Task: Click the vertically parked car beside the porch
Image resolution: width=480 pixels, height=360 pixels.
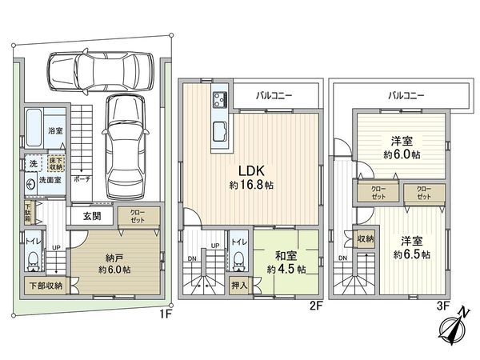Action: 123,142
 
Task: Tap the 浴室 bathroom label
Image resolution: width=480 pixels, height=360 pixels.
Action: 55,130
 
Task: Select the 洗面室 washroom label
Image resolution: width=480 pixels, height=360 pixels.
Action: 51,181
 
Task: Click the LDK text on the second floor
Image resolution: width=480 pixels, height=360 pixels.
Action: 249,169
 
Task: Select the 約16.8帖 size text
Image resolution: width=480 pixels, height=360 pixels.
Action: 249,184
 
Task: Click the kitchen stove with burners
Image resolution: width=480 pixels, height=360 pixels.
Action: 220,101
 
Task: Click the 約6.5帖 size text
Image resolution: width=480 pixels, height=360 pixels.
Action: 409,254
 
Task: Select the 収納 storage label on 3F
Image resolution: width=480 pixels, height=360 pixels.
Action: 365,238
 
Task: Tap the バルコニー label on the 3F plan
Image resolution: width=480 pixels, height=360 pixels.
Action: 406,94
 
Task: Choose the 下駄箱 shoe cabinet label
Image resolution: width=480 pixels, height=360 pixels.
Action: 26,214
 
